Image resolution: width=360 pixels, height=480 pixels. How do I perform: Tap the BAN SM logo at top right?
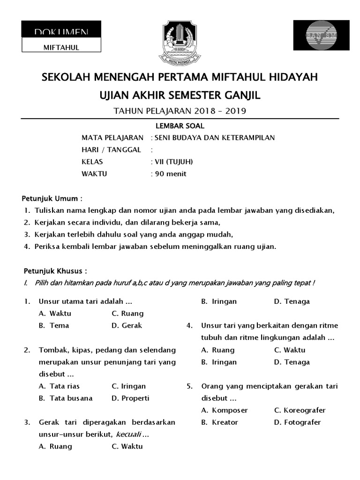pos(321,36)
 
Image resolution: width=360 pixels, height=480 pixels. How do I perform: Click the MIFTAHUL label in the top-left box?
pos(61,47)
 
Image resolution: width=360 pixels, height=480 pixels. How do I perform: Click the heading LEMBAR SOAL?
pos(180,126)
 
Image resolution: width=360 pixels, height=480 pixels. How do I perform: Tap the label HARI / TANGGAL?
pos(111,150)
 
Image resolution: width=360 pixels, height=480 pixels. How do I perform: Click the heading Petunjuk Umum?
pos(53,198)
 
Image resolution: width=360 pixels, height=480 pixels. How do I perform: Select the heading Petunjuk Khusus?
pos(55,271)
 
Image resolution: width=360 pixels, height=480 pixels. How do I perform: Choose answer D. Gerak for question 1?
pos(127,325)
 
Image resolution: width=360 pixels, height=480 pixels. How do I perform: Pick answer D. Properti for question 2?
pos(130,398)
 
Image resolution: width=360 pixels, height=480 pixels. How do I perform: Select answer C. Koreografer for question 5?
pos(300,410)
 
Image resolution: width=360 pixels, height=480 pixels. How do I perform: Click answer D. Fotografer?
pos(297,422)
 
